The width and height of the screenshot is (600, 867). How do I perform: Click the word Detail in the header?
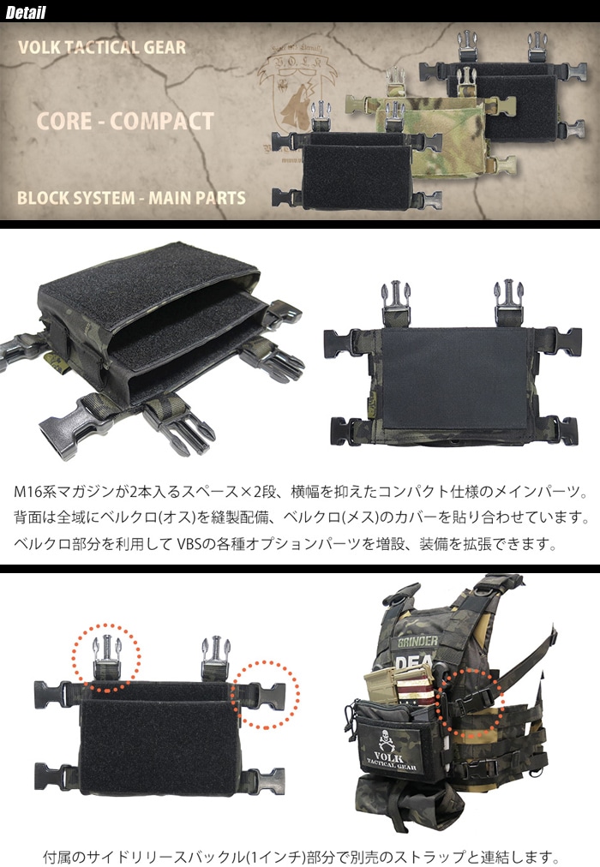tap(26, 13)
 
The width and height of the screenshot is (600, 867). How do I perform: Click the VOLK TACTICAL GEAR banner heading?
tap(101, 47)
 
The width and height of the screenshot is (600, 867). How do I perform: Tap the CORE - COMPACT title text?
tap(125, 120)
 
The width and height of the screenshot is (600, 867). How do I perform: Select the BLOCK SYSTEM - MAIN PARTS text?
tap(131, 198)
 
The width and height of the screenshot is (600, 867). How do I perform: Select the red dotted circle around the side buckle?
tap(266, 694)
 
